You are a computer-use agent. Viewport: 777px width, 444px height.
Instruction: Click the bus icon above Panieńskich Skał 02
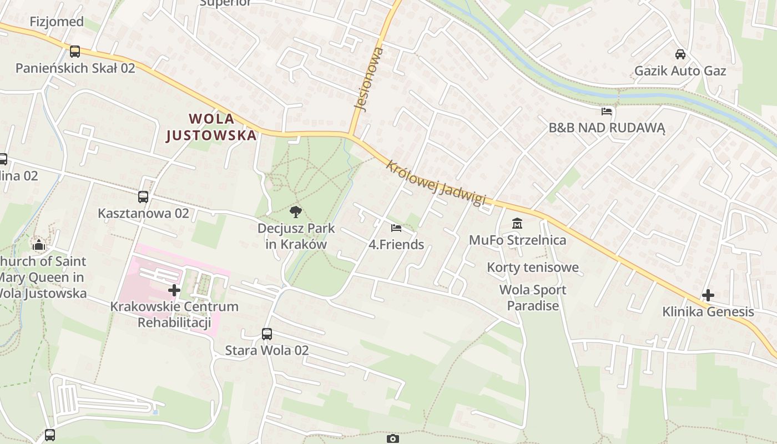click(75, 52)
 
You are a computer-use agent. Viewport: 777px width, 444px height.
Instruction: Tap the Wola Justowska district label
click(211, 127)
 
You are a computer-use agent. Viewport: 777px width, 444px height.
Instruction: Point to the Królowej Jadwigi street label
click(436, 183)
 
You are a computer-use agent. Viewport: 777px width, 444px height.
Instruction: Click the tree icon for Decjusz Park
click(296, 211)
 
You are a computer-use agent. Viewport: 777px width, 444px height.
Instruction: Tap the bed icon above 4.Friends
click(396, 228)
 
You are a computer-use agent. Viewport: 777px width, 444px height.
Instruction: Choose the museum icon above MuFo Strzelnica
click(517, 224)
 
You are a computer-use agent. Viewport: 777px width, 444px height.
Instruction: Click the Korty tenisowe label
click(533, 268)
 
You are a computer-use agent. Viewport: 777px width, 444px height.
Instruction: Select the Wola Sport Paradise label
click(533, 297)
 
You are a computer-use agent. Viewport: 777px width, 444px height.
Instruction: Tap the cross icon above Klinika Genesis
click(708, 295)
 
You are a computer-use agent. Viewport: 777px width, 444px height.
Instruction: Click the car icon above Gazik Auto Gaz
click(680, 54)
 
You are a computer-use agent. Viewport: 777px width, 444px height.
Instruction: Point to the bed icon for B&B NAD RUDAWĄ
click(607, 112)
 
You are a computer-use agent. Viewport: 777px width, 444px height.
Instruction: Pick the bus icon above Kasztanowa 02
click(143, 197)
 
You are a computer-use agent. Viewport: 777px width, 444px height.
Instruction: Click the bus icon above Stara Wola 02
click(267, 334)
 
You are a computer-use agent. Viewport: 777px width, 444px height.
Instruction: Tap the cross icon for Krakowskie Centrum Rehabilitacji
click(174, 290)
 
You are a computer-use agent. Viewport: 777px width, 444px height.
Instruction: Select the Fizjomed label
click(57, 22)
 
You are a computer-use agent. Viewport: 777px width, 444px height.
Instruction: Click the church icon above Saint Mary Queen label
click(38, 245)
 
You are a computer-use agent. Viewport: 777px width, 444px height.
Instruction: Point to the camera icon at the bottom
click(392, 439)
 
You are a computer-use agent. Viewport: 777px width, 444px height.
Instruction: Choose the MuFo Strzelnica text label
click(517, 240)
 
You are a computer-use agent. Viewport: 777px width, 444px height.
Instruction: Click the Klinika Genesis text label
click(708, 312)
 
